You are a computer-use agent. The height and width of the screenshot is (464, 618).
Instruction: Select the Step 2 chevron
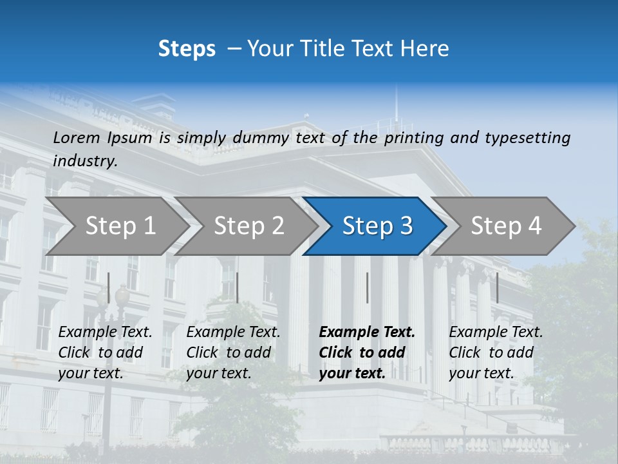coord(248,226)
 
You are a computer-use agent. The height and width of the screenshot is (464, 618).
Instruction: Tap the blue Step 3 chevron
coord(377,226)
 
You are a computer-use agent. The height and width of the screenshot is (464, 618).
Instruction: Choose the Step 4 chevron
coord(506,226)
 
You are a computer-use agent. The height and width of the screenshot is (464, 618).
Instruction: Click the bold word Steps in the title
coord(187,48)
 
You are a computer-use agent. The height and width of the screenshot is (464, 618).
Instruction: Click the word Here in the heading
coord(426,48)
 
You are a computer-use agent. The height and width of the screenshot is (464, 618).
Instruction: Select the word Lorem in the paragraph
coord(77,137)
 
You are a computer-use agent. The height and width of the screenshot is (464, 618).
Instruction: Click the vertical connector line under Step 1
coord(109,287)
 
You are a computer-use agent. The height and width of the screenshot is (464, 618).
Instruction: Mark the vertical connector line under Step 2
coord(238,287)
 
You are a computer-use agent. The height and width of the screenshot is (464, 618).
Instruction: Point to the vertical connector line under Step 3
coord(367,287)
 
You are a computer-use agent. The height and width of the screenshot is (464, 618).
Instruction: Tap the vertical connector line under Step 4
coord(497,287)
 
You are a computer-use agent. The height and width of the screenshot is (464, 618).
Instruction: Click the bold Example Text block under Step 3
coord(367,353)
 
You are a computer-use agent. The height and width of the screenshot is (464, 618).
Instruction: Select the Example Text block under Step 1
coord(105,353)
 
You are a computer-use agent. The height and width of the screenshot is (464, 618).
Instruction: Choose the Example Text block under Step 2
coord(233,353)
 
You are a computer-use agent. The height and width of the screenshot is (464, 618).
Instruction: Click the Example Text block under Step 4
coord(496,353)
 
